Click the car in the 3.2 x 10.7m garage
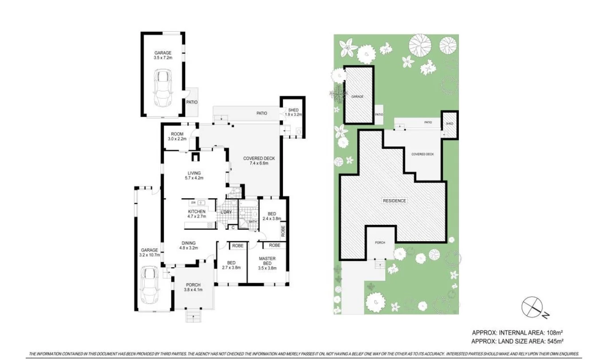click(x=149, y=285)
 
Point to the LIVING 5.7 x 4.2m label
click(x=194, y=176)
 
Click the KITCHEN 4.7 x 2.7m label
click(x=196, y=214)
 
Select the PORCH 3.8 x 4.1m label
click(x=193, y=287)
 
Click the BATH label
click(x=253, y=222)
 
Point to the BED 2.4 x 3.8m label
click(x=272, y=216)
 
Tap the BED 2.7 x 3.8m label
click(x=231, y=265)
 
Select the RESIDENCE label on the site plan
click(x=394, y=201)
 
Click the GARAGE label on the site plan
click(x=357, y=96)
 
